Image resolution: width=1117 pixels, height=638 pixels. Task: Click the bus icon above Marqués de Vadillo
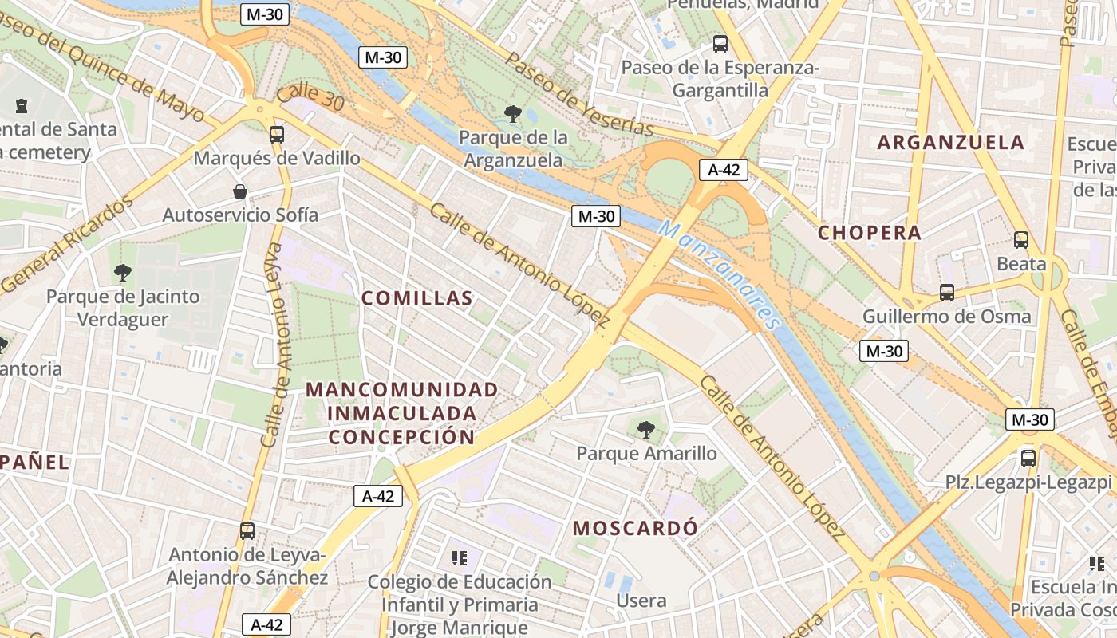(277, 134)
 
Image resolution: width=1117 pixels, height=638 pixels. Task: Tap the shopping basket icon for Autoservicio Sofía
(239, 191)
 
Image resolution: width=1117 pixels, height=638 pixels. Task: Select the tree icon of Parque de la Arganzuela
(513, 114)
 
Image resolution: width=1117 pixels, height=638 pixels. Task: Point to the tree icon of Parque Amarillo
(646, 430)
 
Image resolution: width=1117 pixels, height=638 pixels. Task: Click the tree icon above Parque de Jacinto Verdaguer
(123, 273)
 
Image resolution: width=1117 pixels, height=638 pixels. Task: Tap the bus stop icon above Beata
(1021, 239)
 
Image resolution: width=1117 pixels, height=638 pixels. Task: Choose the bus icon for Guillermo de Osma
(947, 293)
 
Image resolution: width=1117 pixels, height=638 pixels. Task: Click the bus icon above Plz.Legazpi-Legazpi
(1028, 458)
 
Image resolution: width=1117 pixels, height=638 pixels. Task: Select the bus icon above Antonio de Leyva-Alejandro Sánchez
(247, 530)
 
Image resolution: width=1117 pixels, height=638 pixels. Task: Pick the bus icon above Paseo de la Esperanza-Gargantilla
(720, 44)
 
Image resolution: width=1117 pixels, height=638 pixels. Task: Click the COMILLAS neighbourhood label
(417, 299)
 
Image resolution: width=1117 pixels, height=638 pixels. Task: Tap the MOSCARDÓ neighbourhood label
(635, 528)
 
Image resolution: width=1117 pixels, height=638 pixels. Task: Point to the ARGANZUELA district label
(950, 143)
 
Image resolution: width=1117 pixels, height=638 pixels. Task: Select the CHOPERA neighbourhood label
(870, 233)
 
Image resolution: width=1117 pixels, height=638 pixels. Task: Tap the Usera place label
(641, 601)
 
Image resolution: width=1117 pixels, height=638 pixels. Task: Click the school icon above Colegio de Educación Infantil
(459, 557)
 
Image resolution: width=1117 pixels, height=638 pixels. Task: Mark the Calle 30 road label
(311, 98)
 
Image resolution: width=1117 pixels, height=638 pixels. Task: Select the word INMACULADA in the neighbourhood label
(402, 414)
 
